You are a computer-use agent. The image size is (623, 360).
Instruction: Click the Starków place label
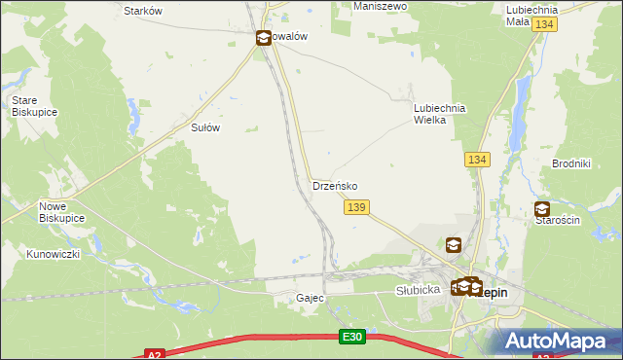143,10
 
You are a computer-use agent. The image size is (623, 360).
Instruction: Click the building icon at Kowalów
264,38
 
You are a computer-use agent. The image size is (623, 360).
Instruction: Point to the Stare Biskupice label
31,106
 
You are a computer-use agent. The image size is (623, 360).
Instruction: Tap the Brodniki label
571,163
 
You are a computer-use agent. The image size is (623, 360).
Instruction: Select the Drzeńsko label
335,185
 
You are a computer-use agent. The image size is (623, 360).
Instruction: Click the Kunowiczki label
53,254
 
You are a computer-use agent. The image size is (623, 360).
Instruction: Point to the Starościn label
558,221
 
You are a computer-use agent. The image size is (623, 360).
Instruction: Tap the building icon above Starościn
542,208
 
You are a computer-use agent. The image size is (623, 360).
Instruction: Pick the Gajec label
310,298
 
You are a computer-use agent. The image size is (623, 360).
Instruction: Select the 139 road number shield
356,207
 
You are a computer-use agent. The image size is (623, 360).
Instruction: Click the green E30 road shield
352,337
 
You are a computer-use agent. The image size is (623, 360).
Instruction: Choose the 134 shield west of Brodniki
476,159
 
